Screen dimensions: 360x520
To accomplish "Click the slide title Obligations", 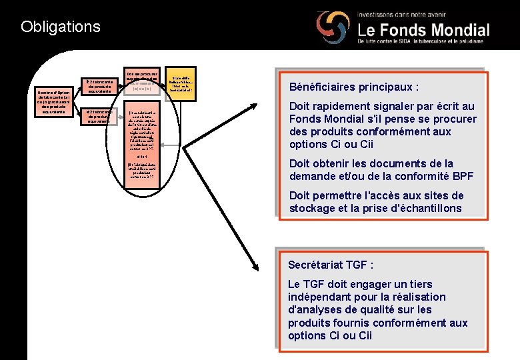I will (x=61, y=27).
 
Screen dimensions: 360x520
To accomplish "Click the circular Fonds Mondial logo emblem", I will (x=331, y=29).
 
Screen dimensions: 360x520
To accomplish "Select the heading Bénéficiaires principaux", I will (x=354, y=87).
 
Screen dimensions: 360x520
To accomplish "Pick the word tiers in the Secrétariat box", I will (x=420, y=284).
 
